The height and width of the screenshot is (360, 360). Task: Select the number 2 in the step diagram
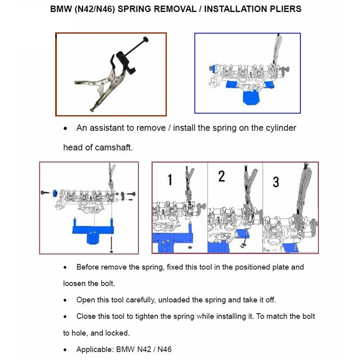(221, 176)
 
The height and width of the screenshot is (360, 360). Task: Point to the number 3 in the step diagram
(276, 182)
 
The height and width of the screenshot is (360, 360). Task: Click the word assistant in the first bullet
(110, 128)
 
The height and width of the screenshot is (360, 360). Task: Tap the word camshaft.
(116, 147)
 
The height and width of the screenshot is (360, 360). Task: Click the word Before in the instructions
(87, 267)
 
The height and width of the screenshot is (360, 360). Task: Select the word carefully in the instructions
(146, 300)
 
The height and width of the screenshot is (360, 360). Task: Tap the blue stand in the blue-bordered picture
(250, 94)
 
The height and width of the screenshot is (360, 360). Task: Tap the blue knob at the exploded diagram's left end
(55, 193)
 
